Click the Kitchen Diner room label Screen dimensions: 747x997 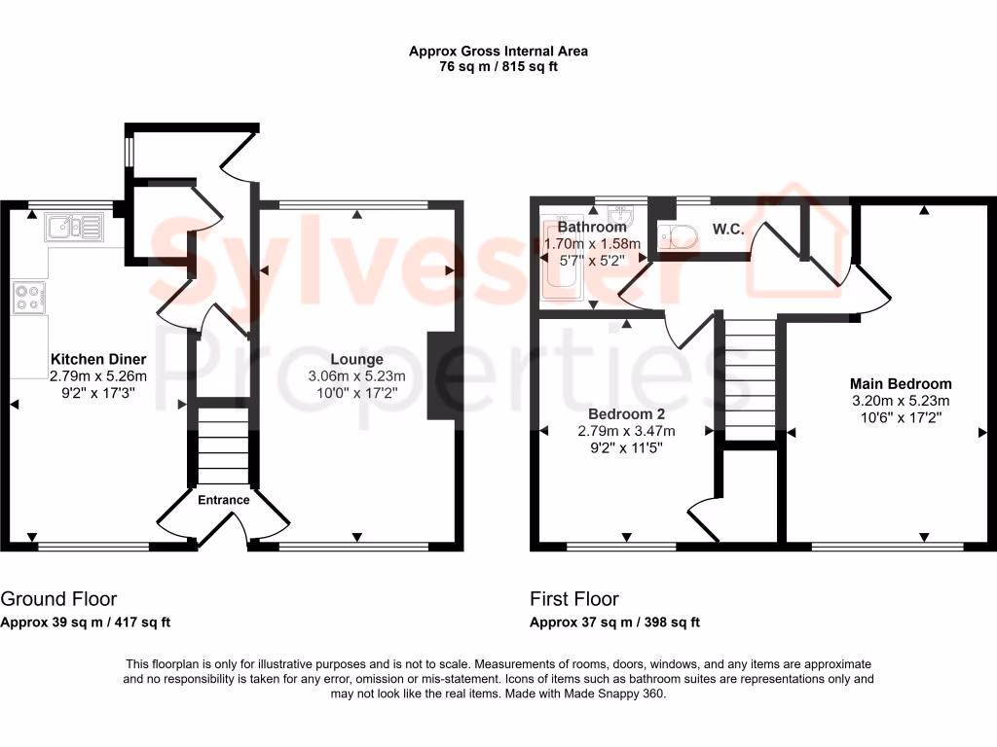tap(98, 358)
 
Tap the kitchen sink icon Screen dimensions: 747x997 tap(73, 229)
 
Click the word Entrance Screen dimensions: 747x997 tap(224, 500)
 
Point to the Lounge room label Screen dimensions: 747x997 tap(356, 359)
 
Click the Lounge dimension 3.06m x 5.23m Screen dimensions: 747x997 tap(356, 376)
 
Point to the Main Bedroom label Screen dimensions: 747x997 tap(901, 383)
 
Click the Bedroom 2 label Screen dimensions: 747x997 tap(625, 414)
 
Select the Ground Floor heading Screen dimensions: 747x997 tap(59, 599)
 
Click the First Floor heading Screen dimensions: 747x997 tap(574, 599)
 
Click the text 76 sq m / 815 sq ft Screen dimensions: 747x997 tap(498, 67)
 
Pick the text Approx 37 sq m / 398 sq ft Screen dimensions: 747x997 tap(614, 622)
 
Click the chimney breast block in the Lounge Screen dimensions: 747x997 tap(442, 375)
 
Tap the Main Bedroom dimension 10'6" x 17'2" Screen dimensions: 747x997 tap(901, 416)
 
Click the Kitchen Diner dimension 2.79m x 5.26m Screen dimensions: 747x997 tap(98, 375)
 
